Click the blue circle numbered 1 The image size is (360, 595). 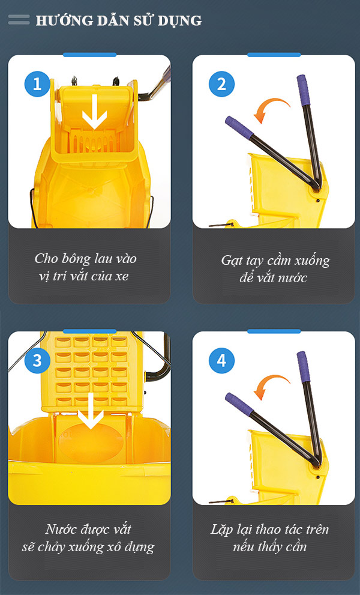pyautogui.click(x=37, y=84)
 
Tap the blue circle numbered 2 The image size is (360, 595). pyautogui.click(x=221, y=84)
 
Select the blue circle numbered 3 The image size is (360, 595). pyautogui.click(x=37, y=361)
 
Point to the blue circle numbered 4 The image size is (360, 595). pyautogui.click(x=221, y=361)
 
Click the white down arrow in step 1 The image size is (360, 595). pyautogui.click(x=94, y=112)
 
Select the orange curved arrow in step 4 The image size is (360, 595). pyautogui.click(x=268, y=385)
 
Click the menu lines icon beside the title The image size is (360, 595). pyautogui.click(x=19, y=20)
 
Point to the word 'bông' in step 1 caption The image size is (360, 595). pyautogui.click(x=83, y=259)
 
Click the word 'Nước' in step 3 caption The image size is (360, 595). pyautogui.click(x=62, y=530)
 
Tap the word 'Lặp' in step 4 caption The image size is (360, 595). pyautogui.click(x=223, y=530)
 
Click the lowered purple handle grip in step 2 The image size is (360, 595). pyautogui.click(x=239, y=127)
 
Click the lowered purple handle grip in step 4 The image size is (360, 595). pyautogui.click(x=239, y=403)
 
